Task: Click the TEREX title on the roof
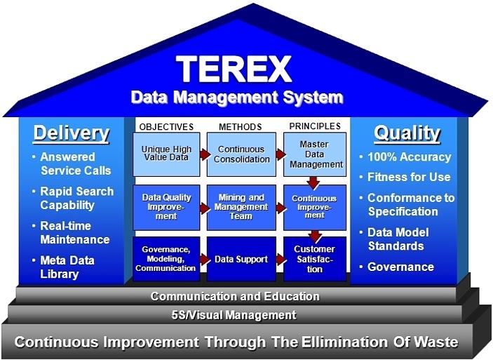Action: (x=234, y=69)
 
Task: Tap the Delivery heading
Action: (x=72, y=134)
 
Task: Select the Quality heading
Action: (x=407, y=133)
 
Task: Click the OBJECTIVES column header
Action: (x=166, y=127)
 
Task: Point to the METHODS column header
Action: (x=241, y=127)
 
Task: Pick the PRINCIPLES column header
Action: (x=315, y=126)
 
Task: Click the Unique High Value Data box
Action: (x=166, y=154)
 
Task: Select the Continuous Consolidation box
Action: (x=241, y=154)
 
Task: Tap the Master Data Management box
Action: (x=315, y=154)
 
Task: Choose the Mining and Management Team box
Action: (x=241, y=208)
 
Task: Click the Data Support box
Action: (x=241, y=259)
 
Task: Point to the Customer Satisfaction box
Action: (x=315, y=259)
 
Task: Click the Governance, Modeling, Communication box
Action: (x=166, y=259)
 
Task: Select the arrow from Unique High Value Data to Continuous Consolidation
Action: (x=205, y=154)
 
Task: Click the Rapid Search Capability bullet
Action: (x=74, y=199)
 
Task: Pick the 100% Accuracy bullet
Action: (x=405, y=157)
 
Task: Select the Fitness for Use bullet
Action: (x=405, y=177)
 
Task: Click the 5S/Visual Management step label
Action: (x=234, y=315)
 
